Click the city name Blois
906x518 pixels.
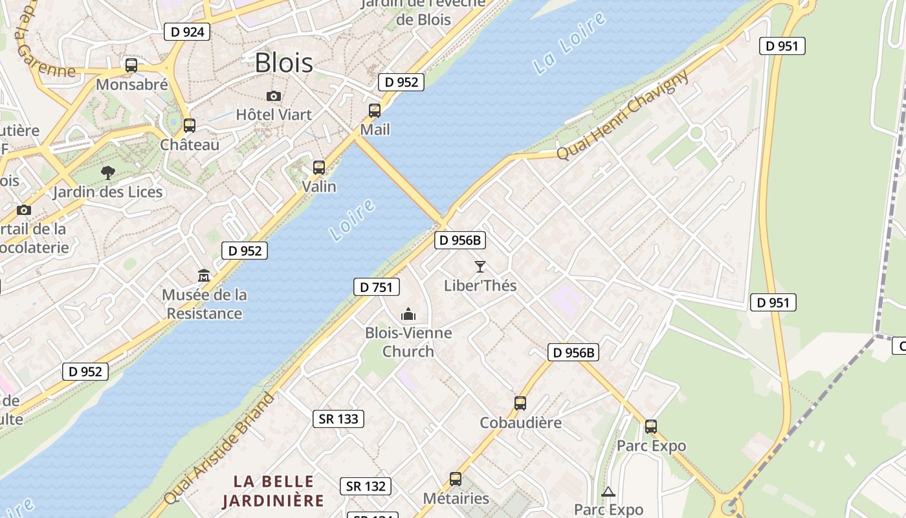[283, 63]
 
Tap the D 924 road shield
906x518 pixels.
[187, 31]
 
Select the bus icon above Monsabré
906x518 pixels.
[131, 65]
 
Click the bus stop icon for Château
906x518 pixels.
[189, 126]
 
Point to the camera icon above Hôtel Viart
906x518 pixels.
[274, 96]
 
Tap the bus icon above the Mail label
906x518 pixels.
[375, 111]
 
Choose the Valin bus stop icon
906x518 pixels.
[319, 168]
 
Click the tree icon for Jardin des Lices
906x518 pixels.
[108, 173]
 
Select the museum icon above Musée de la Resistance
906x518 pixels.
[204, 275]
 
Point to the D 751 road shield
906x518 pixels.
[377, 287]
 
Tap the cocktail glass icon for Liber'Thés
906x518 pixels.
[480, 266]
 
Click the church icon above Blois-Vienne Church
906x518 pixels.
[408, 315]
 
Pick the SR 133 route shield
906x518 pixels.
[338, 419]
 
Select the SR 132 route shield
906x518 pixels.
[366, 486]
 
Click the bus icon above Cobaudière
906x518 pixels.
[520, 403]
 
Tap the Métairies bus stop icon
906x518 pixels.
[456, 479]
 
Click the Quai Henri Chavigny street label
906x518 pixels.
[623, 115]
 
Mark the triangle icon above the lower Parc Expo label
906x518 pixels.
[608, 492]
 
